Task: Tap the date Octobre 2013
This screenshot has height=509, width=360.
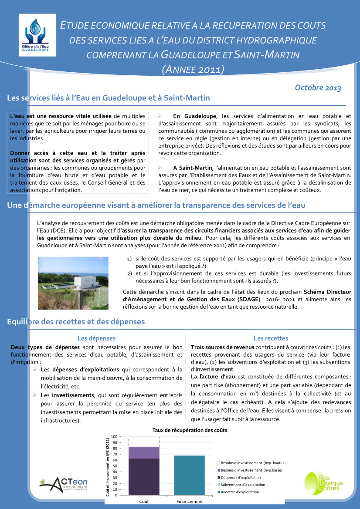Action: pyautogui.click(x=318, y=88)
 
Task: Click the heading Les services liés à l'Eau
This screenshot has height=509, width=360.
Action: pyautogui.click(x=109, y=98)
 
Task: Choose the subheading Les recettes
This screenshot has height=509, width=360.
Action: pyautogui.click(x=271, y=338)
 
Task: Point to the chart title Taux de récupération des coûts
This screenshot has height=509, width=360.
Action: pyautogui.click(x=190, y=430)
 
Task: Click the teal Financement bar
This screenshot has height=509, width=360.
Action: pyautogui.click(x=189, y=475)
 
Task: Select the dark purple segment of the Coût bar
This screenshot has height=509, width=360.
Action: pyautogui.click(x=144, y=476)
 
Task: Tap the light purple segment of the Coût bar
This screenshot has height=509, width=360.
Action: pyautogui.click(x=144, y=452)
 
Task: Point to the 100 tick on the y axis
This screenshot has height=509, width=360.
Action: pyautogui.click(x=114, y=437)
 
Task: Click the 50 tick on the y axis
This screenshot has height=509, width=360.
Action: pyautogui.click(x=115, y=466)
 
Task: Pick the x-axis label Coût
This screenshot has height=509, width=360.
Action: pyautogui.click(x=144, y=502)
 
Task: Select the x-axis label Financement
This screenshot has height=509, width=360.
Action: pyautogui.click(x=190, y=502)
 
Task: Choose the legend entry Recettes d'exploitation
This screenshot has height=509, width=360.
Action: pyautogui.click(x=240, y=492)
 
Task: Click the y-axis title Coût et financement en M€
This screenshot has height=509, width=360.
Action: pyautogui.click(x=108, y=466)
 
